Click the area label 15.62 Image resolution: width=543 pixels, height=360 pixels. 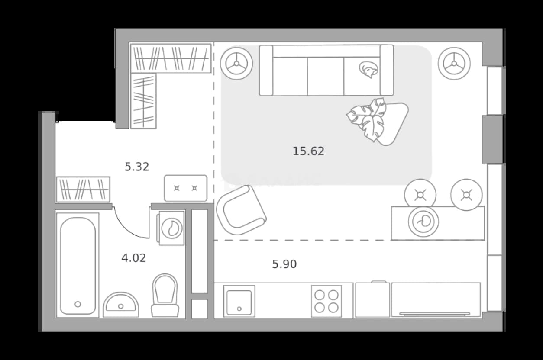point(308,151)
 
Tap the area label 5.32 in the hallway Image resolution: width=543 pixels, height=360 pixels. point(137,167)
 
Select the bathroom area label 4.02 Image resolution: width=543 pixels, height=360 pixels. point(133,258)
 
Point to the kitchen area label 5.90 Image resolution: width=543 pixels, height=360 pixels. point(284,264)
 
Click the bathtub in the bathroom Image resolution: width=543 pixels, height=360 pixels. point(78,265)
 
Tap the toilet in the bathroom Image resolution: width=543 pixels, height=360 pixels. point(165,296)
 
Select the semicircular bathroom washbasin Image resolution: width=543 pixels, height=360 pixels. point(121,305)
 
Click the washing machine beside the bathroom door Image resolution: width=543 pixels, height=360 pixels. point(171,228)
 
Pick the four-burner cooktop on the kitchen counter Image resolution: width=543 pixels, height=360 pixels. point(326,301)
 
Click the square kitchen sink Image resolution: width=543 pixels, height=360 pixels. point(239,301)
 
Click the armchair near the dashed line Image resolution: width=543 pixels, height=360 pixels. point(241,210)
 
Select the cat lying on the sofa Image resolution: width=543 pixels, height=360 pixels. point(368,69)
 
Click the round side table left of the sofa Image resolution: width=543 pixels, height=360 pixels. point(236,64)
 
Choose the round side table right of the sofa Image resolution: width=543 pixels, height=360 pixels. point(454,64)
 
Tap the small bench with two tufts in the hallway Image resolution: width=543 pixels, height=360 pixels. point(186,188)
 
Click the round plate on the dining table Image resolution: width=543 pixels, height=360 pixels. point(423,222)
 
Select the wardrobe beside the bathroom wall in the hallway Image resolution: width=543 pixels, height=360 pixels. point(83,190)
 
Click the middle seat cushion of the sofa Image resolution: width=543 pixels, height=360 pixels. point(326,76)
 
